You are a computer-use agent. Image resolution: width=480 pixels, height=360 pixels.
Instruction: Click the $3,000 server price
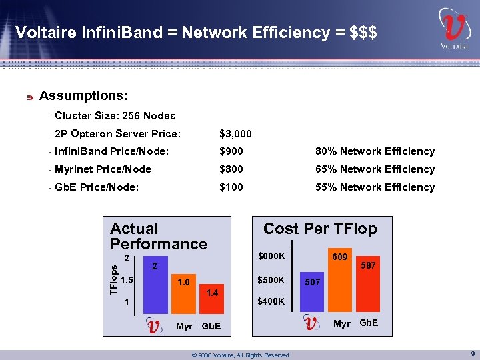(235, 134)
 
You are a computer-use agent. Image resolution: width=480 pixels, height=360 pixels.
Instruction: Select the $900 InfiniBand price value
(231, 152)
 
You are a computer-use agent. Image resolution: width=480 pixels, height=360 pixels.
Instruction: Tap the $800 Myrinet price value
(231, 169)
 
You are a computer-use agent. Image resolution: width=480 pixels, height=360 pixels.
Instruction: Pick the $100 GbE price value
(231, 187)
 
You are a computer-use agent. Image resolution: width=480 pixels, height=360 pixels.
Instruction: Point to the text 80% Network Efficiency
(375, 152)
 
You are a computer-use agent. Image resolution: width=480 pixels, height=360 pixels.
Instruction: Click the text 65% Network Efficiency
(375, 169)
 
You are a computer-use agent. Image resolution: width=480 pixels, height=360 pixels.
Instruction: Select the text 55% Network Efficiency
(375, 187)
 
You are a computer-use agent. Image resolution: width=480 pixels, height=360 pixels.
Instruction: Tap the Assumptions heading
(84, 95)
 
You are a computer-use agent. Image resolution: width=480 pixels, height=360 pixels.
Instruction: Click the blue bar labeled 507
(312, 297)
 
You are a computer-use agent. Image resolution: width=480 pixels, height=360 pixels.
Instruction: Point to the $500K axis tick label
(271, 279)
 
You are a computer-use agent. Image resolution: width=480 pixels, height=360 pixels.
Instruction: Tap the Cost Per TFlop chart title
(320, 229)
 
